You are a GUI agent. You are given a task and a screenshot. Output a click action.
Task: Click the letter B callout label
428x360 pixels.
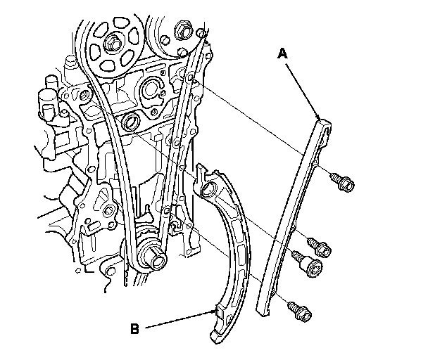click(134, 328)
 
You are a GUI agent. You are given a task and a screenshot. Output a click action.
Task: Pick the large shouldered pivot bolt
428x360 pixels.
click(310, 266)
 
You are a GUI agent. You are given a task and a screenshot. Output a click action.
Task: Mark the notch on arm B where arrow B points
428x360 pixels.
click(215, 310)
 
